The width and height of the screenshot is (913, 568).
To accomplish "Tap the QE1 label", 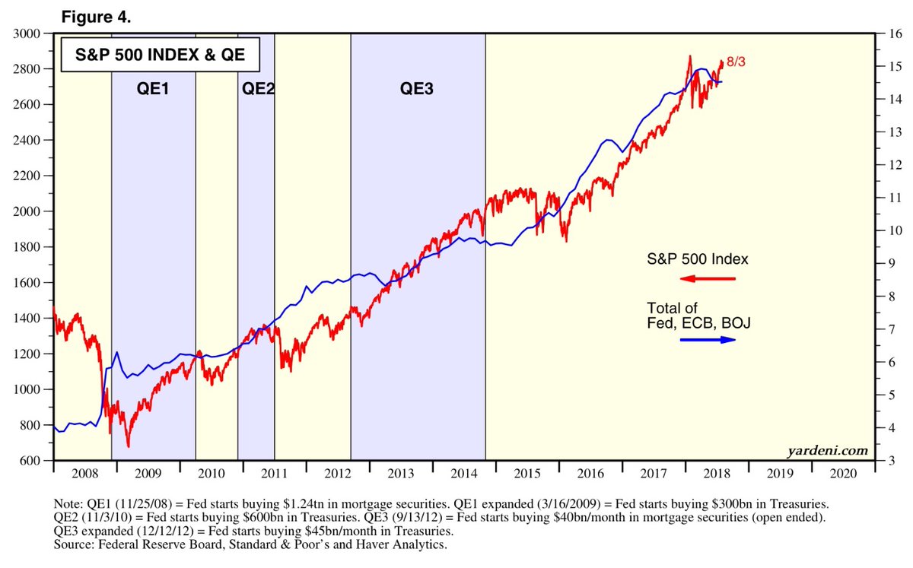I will coord(154,89).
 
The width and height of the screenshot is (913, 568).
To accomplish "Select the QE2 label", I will coord(258,89).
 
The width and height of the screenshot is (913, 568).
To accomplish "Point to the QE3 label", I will coord(417,89).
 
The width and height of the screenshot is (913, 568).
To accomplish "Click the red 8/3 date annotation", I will coord(736,61).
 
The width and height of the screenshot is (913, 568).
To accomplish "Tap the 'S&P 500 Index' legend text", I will coord(697,259).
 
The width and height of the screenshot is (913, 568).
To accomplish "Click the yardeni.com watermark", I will coord(827,450).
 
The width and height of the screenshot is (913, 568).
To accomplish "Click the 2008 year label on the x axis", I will coord(82,473).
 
